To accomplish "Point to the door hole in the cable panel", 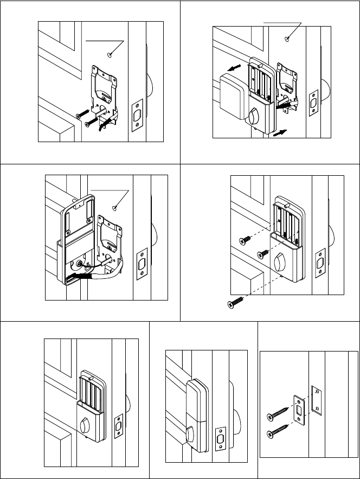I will tap(115, 207).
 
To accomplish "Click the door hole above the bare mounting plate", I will tap(111, 54).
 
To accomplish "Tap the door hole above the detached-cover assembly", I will tap(287, 39).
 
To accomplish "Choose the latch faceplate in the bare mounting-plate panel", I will tap(136, 115).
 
